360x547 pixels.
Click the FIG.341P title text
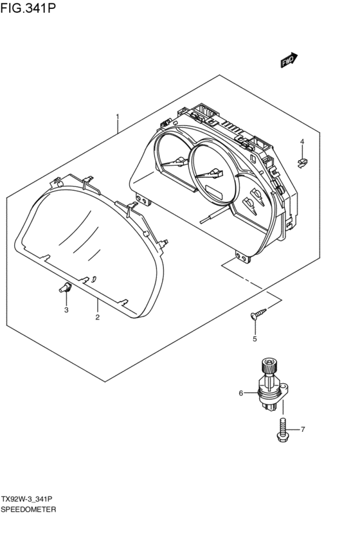28,7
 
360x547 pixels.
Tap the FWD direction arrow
289,60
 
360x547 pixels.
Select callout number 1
118,116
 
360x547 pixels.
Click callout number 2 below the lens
97,317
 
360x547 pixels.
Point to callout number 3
66,310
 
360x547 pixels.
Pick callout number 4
302,141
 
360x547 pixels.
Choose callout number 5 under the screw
255,339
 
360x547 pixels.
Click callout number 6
240,393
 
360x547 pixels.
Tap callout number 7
303,429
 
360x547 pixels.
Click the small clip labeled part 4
303,163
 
